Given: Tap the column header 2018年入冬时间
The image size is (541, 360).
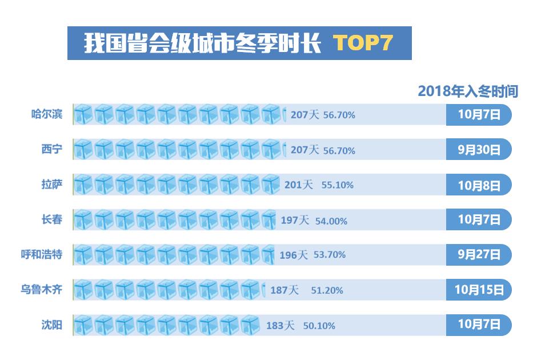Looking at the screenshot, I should point(467,91).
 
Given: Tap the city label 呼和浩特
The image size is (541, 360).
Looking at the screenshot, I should point(42,254).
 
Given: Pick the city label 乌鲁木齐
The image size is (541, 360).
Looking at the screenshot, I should point(42,290).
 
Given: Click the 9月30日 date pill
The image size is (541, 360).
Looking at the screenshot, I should point(479,150).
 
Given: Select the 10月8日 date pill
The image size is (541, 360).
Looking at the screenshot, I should point(479,185).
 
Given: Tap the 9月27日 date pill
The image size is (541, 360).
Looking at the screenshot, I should point(479,254).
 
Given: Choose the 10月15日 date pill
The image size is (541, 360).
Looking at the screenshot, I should point(479,290).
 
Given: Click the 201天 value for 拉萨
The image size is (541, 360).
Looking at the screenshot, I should point(299,185).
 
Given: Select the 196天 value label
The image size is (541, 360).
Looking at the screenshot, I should point(294,255).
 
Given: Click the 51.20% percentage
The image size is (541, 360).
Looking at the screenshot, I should point(327,290).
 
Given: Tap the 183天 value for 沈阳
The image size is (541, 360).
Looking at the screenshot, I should point(280,326).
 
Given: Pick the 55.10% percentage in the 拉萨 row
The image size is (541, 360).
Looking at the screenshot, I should point(337,185).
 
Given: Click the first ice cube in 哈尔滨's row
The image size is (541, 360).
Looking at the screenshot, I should point(83,115).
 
